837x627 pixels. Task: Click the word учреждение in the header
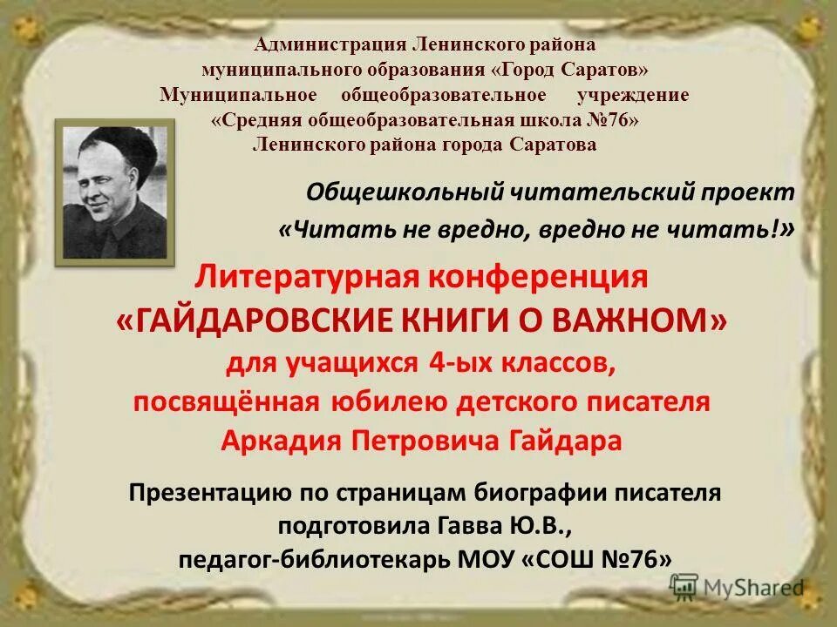pyautogui.click(x=632, y=94)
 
